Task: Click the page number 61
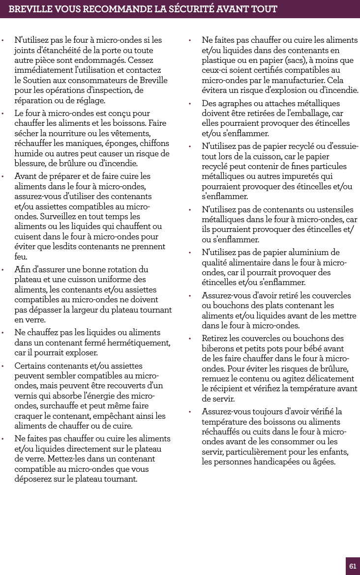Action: coord(353,566)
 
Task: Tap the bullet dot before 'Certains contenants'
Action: coord(3,367)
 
